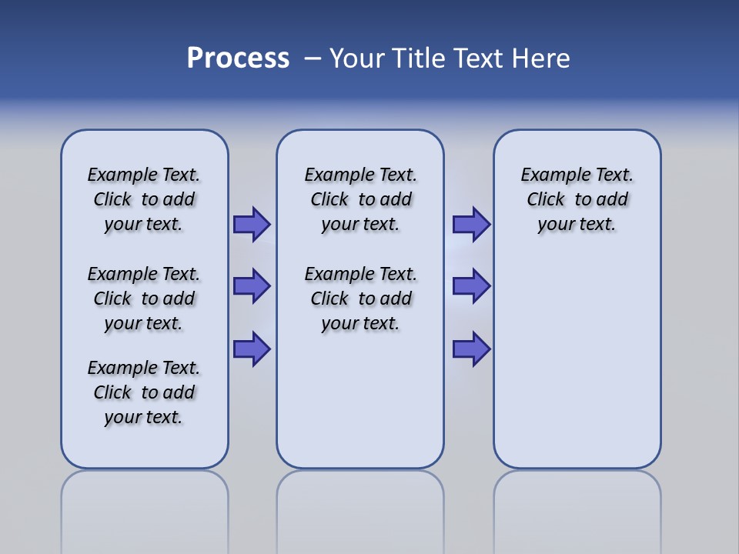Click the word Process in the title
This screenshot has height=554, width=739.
pos(238,58)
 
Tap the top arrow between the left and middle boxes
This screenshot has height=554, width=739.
pos(251,224)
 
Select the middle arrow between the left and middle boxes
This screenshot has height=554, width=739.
pos(251,286)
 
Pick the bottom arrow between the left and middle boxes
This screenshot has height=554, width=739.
pos(251,349)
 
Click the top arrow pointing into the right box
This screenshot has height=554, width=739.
pos(471,224)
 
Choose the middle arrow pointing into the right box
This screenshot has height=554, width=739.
pos(471,286)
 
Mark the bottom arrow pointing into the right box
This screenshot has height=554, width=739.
pos(471,349)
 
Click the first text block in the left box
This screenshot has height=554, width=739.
pos(144,199)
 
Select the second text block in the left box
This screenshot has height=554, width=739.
pos(144,299)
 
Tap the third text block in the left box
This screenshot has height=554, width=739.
pos(144,392)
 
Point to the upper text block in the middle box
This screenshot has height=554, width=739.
pos(360,199)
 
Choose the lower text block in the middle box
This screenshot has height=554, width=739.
pos(360,299)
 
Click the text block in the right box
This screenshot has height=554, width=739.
pos(577,199)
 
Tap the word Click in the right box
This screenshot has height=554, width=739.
pos(546,199)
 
